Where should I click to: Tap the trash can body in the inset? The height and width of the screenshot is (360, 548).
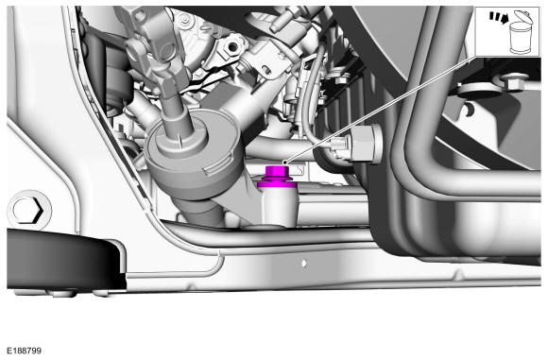(520, 38)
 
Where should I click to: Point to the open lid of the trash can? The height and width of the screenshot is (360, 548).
(523, 16)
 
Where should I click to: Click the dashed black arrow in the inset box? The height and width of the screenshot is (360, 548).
(498, 17)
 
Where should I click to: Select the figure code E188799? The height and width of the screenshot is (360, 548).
(24, 351)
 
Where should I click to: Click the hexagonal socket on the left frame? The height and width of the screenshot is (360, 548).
(27, 211)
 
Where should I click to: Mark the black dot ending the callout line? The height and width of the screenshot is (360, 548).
(284, 163)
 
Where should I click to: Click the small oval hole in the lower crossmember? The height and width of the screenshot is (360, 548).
(304, 263)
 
